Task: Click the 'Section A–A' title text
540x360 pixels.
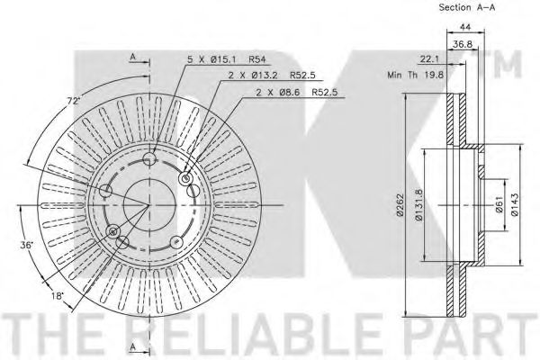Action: pos(466,8)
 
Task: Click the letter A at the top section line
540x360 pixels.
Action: pos(132,57)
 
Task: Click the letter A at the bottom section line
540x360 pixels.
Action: pos(132,346)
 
